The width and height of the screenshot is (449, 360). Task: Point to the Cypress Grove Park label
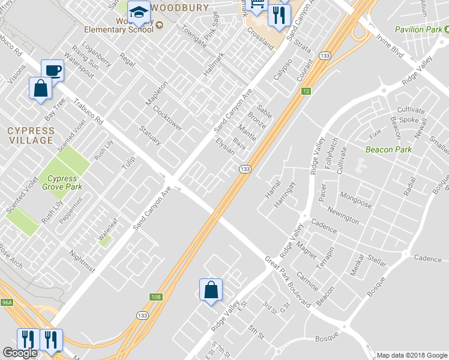[62, 182]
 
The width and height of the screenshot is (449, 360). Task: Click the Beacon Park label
[389, 149]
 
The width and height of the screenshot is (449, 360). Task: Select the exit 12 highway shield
[306, 91]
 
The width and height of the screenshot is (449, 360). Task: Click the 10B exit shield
[156, 296]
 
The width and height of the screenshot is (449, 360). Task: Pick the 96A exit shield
[7, 303]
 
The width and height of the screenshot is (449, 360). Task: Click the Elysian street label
[225, 146]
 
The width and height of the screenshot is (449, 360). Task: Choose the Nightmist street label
[82, 261]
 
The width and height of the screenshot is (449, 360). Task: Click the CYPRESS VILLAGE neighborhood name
[30, 135]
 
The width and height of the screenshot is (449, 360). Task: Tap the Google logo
[20, 353]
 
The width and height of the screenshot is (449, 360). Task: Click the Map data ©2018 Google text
[411, 355]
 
